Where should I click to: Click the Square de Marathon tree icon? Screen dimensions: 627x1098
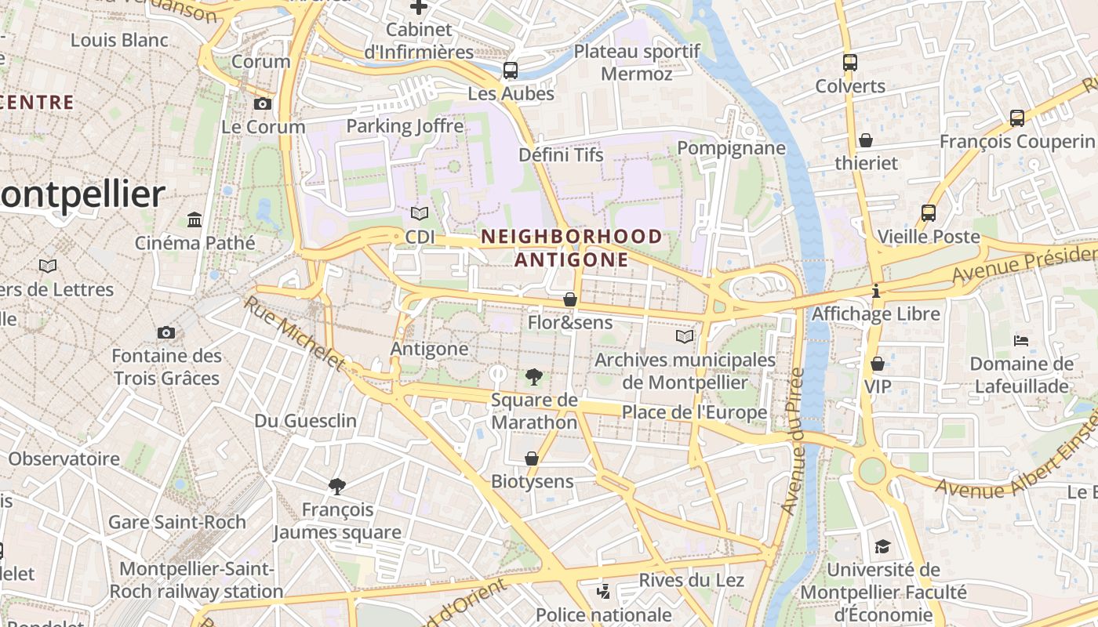pos(534,377)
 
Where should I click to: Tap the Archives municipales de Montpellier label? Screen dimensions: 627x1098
pos(685,371)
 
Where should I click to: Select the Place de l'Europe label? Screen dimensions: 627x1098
pos(694,412)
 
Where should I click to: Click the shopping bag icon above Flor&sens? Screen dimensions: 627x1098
pos(570,299)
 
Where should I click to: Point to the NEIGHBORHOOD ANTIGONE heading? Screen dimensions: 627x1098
pos(572,248)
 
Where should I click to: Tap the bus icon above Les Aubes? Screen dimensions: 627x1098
pos(511,71)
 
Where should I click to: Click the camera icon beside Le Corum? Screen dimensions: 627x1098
pos(263,103)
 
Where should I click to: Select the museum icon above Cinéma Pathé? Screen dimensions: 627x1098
pos(195,219)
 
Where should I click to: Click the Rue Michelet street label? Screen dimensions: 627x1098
pos(294,332)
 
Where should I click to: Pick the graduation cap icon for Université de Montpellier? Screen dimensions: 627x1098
pos(883,546)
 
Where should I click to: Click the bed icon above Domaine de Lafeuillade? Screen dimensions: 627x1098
pos(1021,340)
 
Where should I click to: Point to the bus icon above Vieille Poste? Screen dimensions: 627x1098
pos(929,213)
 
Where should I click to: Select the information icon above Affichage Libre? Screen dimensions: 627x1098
pos(876,292)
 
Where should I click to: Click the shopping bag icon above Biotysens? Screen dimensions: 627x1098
pos(532,458)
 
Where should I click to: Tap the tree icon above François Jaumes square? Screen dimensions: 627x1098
pos(337,487)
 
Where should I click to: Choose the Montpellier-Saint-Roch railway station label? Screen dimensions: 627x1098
pos(196,580)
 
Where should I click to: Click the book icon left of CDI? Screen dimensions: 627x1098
pos(420,213)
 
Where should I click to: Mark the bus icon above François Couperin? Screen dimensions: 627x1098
pos(1017,118)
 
